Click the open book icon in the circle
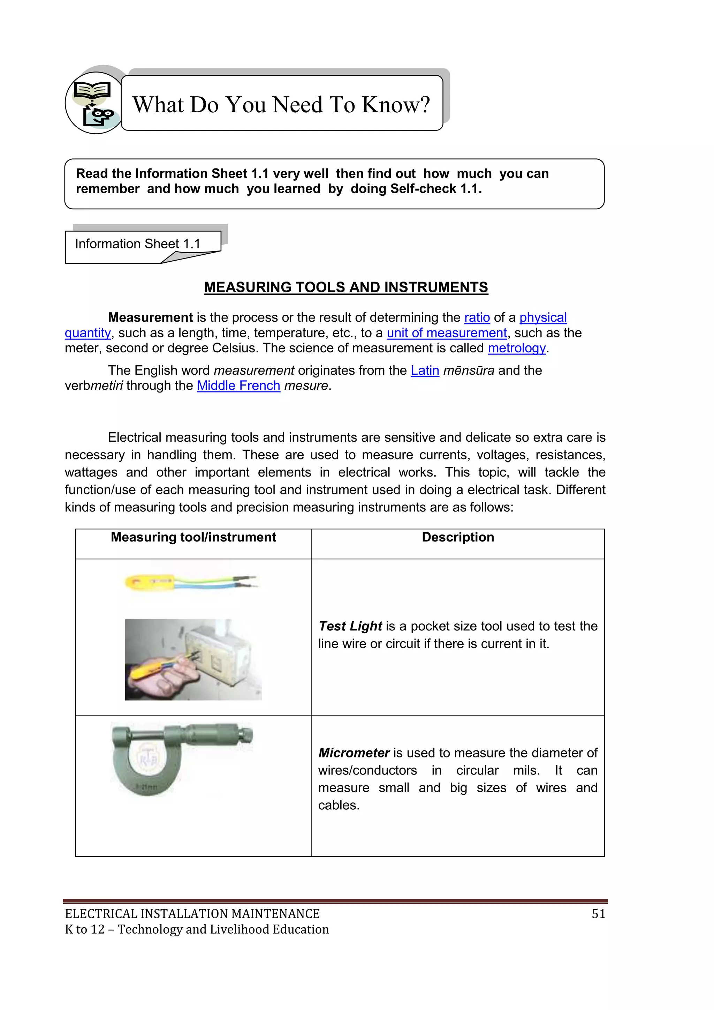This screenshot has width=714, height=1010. click(x=92, y=90)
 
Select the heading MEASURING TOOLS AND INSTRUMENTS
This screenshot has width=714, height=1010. click(x=345, y=287)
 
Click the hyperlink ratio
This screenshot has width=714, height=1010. click(x=477, y=317)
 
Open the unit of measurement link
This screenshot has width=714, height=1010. click(x=446, y=333)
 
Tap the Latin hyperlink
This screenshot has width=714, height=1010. click(x=425, y=371)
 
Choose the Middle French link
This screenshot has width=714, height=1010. click(x=238, y=386)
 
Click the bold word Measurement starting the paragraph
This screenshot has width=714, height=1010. click(x=150, y=317)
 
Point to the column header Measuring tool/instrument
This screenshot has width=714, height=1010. click(x=193, y=537)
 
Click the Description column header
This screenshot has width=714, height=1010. click(x=458, y=537)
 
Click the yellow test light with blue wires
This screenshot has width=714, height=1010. click(x=150, y=583)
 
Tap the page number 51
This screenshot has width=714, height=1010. click(x=598, y=914)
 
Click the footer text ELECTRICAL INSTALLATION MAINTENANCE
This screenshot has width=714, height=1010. click(x=192, y=914)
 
